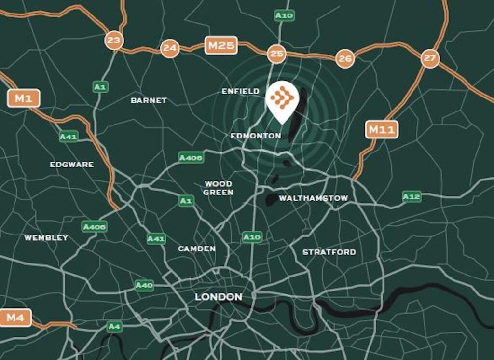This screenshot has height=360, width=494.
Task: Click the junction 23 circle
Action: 114,40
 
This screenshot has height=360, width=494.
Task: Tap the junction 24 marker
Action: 170,48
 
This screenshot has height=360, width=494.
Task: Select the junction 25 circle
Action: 276,54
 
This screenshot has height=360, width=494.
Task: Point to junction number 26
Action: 345,58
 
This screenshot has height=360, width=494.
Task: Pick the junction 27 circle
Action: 429,58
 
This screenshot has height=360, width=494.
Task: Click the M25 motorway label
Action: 221,46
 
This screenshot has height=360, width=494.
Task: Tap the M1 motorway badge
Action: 23,99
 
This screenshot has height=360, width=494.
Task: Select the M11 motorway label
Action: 382,129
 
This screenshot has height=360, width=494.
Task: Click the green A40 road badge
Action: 144,285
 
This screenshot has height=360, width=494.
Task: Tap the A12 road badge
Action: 412,196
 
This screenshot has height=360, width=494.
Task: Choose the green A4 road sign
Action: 114,327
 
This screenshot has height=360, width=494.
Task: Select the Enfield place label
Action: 240,91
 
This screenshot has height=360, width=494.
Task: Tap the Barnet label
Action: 149,100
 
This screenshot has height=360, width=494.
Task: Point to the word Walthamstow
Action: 313,198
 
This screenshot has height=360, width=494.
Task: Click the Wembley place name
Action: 46,238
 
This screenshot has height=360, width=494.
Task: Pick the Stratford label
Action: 329,252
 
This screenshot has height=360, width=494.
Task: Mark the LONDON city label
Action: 219,297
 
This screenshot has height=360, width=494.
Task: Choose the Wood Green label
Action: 218,188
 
